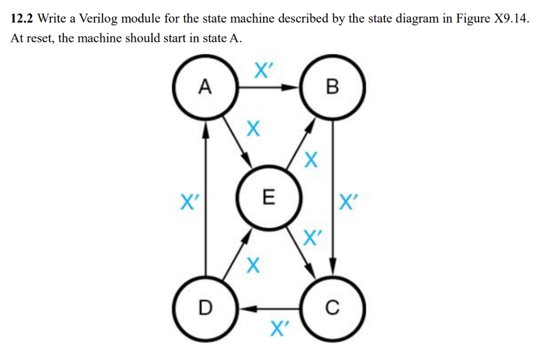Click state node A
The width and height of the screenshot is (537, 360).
[x=206, y=86]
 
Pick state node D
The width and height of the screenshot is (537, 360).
[x=206, y=309]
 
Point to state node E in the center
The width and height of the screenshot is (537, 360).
[x=268, y=198]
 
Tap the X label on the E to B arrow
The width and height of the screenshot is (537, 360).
[x=311, y=160]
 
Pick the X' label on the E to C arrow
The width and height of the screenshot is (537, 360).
[x=312, y=238]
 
